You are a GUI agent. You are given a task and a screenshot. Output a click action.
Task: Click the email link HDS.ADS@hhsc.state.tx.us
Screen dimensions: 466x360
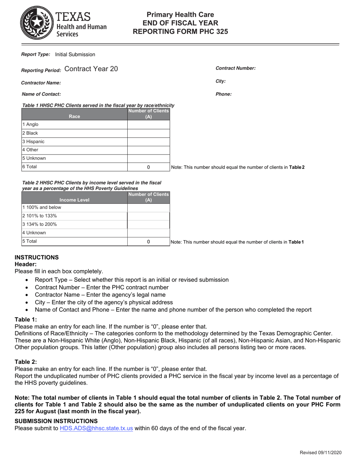click(96, 428)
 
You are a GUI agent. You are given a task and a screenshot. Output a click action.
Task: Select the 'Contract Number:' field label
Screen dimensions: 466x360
click(235, 68)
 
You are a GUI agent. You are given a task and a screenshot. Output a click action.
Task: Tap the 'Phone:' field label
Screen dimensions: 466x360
click(224, 94)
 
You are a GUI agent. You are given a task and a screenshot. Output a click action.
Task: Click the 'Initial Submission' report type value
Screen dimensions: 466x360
click(75, 55)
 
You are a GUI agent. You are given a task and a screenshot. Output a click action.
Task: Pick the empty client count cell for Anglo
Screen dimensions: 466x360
click(148, 124)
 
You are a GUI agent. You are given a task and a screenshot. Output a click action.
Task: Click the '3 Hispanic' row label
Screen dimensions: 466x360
click(33, 141)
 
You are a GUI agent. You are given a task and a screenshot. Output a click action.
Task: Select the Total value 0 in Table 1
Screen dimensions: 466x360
click(148, 167)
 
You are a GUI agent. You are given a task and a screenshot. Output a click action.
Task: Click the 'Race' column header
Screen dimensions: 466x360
click(75, 116)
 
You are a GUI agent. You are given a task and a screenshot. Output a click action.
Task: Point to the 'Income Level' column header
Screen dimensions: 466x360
click(75, 200)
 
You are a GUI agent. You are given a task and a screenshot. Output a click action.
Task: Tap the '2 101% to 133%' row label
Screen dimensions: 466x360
click(39, 216)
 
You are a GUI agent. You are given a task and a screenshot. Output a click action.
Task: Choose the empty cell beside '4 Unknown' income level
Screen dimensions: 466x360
click(148, 233)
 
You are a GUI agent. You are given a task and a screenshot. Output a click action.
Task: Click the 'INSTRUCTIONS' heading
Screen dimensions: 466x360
click(37, 257)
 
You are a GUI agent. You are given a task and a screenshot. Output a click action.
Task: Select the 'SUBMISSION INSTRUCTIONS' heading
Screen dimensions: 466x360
click(56, 421)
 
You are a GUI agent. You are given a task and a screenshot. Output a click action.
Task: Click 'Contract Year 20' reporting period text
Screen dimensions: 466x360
click(91, 69)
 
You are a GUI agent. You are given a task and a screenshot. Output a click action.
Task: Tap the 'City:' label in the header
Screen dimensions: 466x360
click(221, 81)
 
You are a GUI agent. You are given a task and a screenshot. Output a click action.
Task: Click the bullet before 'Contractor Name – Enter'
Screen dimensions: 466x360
click(27, 295)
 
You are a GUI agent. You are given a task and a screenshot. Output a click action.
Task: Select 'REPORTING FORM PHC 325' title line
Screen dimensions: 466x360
click(180, 32)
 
